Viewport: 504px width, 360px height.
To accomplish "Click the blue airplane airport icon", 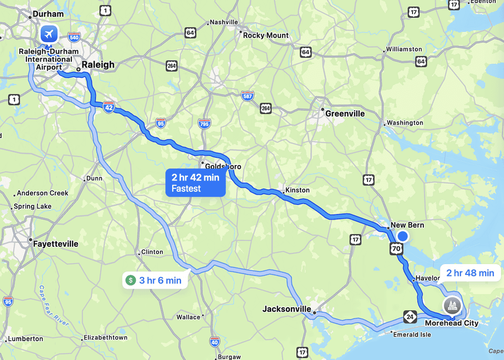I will (x=48, y=34).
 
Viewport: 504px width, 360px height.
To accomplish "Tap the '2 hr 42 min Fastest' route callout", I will (x=195, y=182).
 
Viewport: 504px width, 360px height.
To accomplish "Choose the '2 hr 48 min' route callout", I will (x=470, y=273).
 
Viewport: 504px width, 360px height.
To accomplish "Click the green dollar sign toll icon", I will (x=130, y=280).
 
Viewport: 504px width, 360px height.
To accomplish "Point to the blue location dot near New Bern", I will (x=403, y=237).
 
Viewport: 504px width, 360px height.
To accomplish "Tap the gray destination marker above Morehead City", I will (x=452, y=305).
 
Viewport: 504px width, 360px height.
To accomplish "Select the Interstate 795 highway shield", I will (x=204, y=123).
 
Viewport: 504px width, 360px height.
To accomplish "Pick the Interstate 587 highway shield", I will (x=248, y=96).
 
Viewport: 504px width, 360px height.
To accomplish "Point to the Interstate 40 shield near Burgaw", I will (x=214, y=341).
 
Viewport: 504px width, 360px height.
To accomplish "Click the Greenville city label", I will (x=345, y=114).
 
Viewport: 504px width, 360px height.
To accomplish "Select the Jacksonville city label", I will (x=286, y=309).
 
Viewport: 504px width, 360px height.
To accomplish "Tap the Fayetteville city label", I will (x=56, y=243).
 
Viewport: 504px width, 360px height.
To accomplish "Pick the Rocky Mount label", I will (x=266, y=35).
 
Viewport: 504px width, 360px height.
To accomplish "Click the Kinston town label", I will (x=297, y=190).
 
